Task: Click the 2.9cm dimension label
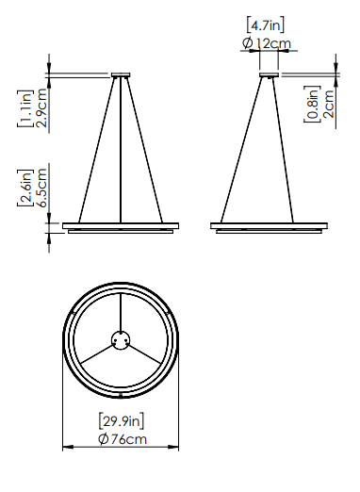[x=41, y=107]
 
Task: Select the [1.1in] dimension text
[x=25, y=108]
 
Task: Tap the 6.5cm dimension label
[x=41, y=188]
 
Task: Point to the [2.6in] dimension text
[x=25, y=188]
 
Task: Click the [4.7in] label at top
[x=266, y=25]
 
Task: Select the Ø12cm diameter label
[x=267, y=43]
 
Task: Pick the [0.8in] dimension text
[x=312, y=104]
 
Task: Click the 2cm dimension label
[x=329, y=104]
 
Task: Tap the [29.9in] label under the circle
[x=122, y=421]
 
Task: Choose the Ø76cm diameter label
[x=123, y=439]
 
